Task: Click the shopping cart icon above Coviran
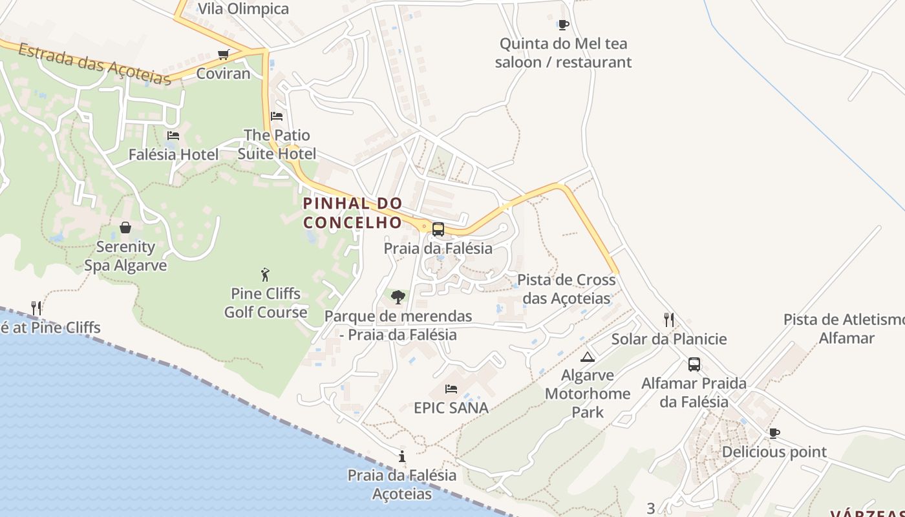(223, 54)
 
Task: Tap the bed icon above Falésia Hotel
(173, 136)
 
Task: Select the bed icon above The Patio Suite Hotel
(277, 116)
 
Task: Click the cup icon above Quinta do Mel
(563, 25)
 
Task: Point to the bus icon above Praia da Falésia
(438, 229)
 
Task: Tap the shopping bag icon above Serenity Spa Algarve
(125, 227)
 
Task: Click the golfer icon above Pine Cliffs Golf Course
(265, 275)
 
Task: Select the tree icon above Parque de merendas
(398, 297)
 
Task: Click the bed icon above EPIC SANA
(451, 388)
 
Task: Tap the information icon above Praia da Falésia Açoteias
(402, 456)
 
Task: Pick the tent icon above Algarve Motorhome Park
(587, 357)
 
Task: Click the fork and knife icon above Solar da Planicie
(669, 319)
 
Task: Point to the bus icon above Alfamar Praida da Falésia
(694, 364)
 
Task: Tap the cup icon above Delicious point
(774, 433)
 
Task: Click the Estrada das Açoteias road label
(94, 64)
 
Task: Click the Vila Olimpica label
(243, 9)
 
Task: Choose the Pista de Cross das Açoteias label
(566, 289)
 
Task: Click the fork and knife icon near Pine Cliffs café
(36, 308)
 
